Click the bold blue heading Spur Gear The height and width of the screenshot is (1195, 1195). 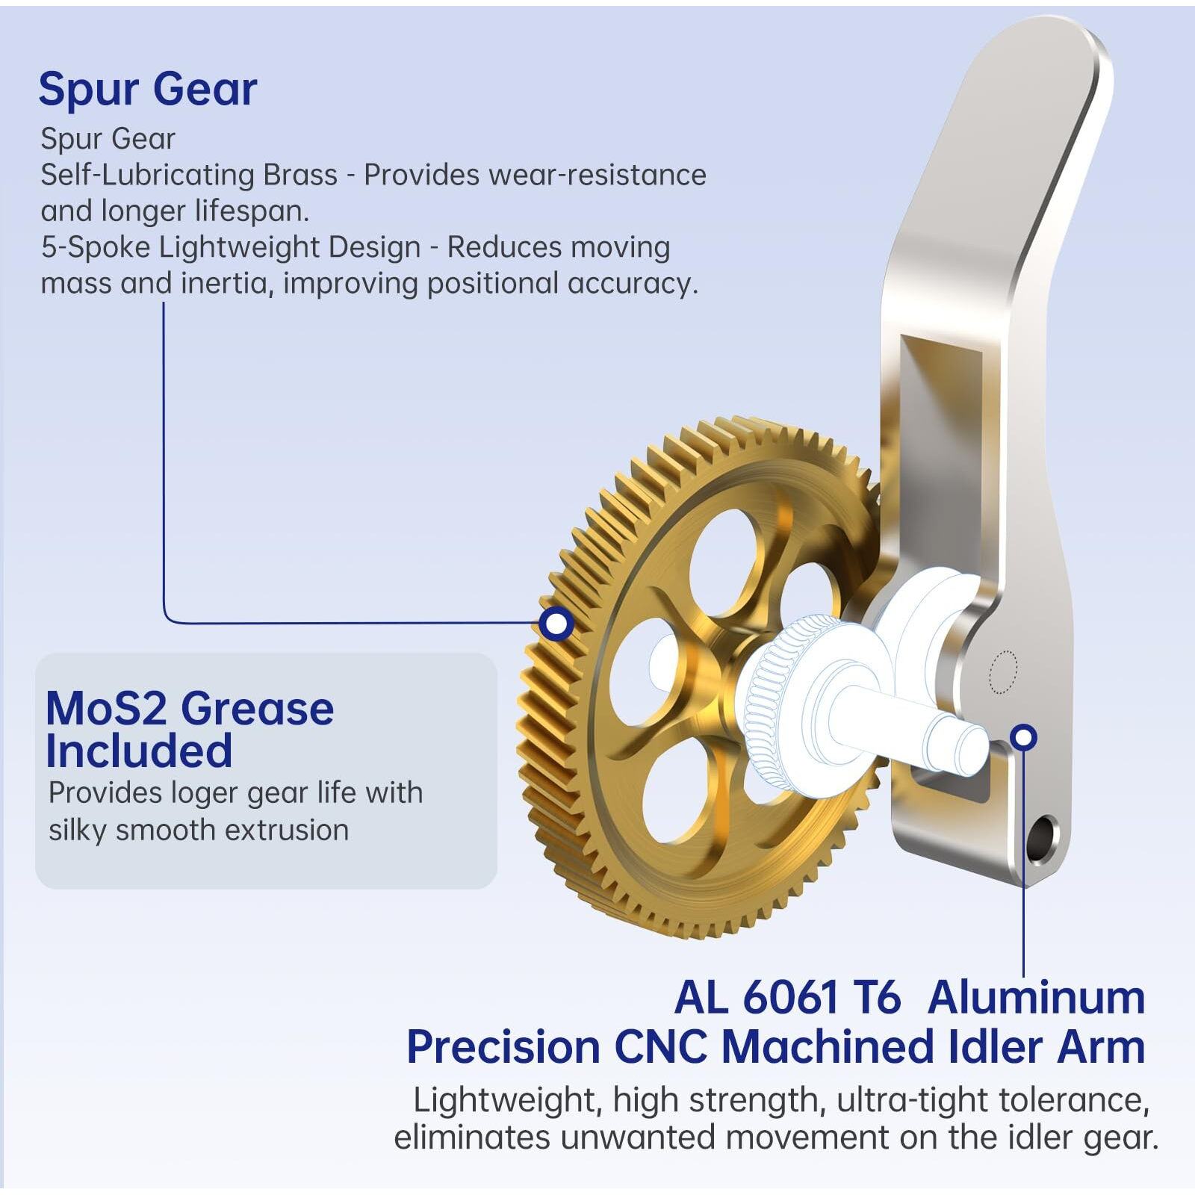pyautogui.click(x=148, y=90)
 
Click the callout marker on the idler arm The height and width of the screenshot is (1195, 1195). pyautogui.click(x=1024, y=737)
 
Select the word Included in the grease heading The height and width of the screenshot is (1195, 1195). pyautogui.click(x=139, y=751)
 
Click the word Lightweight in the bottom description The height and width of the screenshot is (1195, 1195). pyautogui.click(x=504, y=1101)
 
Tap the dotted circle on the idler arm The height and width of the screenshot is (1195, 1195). pyautogui.click(x=1003, y=672)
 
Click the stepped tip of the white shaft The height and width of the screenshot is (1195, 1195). pyautogui.click(x=975, y=748)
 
